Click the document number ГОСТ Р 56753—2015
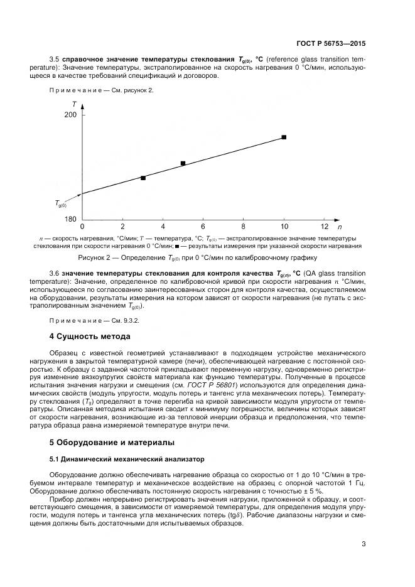[x=331, y=45]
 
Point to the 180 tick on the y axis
[x=70, y=219]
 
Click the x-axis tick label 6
[x=203, y=226]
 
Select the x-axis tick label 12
[x=324, y=226]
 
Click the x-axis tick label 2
[x=122, y=226]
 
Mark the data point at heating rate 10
[x=284, y=137]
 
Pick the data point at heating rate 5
[x=183, y=163]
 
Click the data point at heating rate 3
[x=143, y=178]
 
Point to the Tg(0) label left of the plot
[x=60, y=203]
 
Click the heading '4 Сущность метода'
[x=90, y=337]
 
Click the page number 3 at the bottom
[x=364, y=544]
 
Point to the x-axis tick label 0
[x=82, y=226]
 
